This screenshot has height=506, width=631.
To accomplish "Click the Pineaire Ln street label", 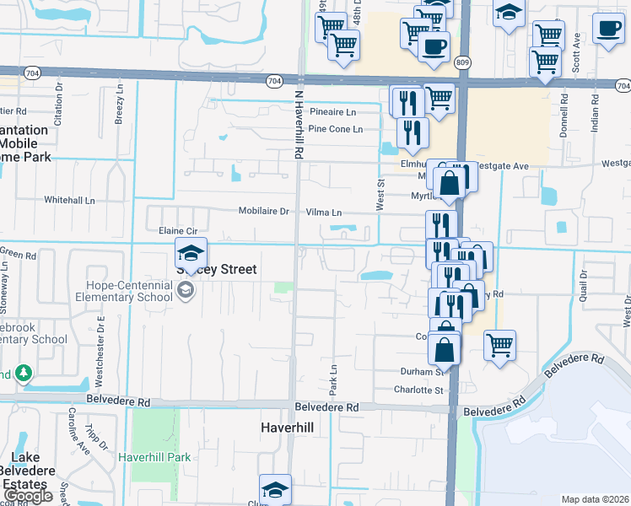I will pos(332,112).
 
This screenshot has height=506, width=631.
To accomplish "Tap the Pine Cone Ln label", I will pos(335,129).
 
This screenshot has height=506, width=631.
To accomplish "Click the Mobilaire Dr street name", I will pos(263,213).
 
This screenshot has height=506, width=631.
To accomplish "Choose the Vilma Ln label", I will pos(324,213).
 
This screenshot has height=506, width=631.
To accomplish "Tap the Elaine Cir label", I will pos(177,230).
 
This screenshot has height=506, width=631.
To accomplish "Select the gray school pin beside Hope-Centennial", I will pos(185,291).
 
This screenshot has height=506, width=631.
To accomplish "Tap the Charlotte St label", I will pos(419,390).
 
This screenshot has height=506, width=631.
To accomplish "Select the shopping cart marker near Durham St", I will pos(499,344).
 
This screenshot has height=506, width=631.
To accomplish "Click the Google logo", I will pos(28,496).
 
